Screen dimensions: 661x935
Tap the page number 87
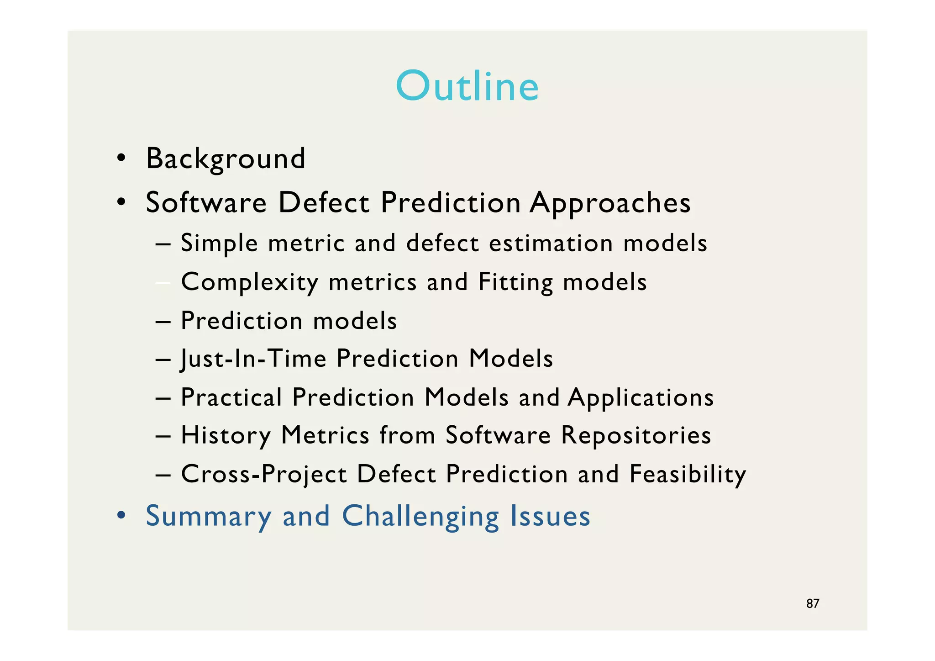tap(813, 603)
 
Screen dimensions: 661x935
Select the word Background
tap(226, 159)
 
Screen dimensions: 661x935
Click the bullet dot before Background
tap(121, 159)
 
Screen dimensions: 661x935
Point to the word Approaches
tap(610, 203)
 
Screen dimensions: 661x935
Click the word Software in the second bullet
tap(206, 203)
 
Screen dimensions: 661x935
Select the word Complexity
tap(250, 282)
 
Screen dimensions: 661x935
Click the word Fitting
tap(515, 282)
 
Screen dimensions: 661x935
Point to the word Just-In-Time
tap(254, 358)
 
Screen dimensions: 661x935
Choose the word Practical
tap(231, 397)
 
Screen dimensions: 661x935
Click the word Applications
tap(641, 397)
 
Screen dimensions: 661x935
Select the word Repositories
tap(636, 435)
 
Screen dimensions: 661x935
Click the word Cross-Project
tap(264, 474)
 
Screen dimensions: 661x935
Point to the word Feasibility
tap(688, 474)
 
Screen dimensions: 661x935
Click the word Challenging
tap(420, 516)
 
